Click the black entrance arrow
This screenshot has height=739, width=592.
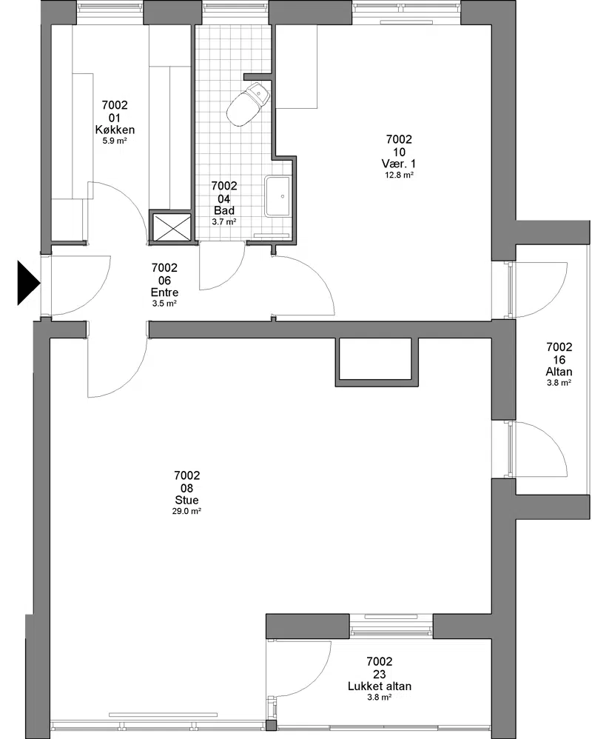tap(28, 283)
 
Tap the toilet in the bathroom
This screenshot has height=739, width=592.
tap(248, 104)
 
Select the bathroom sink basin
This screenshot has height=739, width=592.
tap(277, 195)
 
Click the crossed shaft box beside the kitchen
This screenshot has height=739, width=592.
tap(170, 227)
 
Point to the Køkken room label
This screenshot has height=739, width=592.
tap(115, 130)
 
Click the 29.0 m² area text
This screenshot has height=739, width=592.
tap(187, 511)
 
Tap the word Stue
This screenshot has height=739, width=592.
tap(187, 500)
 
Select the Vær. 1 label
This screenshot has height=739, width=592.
tap(399, 164)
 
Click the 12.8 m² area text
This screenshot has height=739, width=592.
tap(399, 175)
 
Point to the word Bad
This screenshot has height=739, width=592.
tap(224, 210)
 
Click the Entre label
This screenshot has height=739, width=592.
tap(164, 292)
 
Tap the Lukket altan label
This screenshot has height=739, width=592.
tap(380, 686)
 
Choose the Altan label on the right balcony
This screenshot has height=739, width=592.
tap(559, 372)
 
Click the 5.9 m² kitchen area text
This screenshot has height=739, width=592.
tap(115, 141)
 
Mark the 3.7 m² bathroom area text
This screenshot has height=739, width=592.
tap(224, 221)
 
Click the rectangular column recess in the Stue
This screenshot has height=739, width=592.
tap(377, 361)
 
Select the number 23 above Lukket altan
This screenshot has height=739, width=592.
tap(380, 674)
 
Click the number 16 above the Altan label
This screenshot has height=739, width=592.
tap(559, 359)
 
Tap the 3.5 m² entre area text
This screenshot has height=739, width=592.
tap(164, 304)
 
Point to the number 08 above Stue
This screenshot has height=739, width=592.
tap(187, 488)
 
